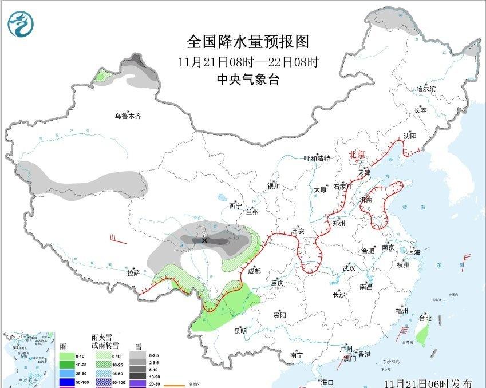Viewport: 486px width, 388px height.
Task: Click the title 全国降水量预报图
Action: [x=248, y=42]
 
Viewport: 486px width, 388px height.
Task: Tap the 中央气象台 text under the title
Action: [x=248, y=80]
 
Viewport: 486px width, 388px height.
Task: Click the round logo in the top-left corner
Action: [x=21, y=24]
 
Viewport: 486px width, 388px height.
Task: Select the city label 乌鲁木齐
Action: [x=127, y=116]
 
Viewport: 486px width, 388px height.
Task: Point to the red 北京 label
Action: [x=357, y=155]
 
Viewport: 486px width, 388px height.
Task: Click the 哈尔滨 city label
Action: [x=425, y=89]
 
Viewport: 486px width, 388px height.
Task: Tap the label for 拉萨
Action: [x=133, y=274]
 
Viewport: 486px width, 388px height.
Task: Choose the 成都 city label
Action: [x=254, y=271]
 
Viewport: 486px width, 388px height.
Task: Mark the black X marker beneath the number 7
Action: [x=204, y=241]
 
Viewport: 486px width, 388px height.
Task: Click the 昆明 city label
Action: [x=240, y=331]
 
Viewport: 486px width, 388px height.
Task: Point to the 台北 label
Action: [x=424, y=318]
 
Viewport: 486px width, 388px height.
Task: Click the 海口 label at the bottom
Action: [x=327, y=382]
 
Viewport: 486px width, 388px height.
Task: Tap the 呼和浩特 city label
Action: [x=317, y=159]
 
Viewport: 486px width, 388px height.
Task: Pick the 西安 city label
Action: [x=298, y=231]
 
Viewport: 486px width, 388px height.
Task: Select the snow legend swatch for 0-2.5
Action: [x=137, y=355]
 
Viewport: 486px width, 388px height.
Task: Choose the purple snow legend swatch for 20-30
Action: [x=137, y=383]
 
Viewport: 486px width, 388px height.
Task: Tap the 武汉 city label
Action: [x=349, y=268]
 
